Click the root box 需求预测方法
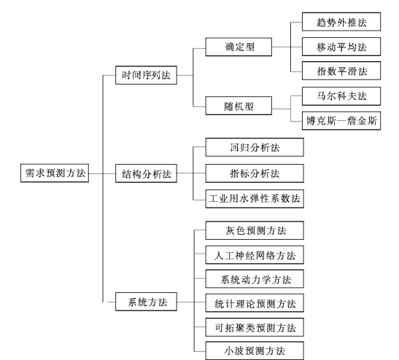55,173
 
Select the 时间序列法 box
147,75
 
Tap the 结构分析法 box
147,173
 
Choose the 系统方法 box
147,302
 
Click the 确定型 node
239,47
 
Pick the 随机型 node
239,106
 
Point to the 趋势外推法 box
341,22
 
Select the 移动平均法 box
341,47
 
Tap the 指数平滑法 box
341,71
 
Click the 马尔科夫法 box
341,96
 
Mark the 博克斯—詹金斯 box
341,121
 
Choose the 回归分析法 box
255,147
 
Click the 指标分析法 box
255,173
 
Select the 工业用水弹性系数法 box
255,199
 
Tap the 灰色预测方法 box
255,230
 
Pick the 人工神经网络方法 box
255,255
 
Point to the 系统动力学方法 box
255,279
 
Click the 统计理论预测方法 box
255,303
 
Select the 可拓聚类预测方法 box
255,327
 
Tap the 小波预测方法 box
255,351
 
